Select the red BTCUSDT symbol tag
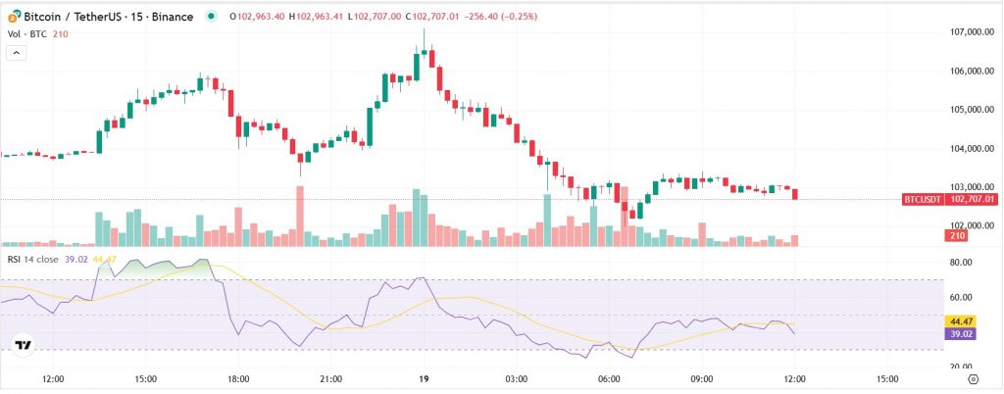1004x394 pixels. click(923, 199)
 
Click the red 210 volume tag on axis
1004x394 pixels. click(954, 235)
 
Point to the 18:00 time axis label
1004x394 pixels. click(238, 377)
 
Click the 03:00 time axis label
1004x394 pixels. click(516, 377)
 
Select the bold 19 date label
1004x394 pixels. click(424, 377)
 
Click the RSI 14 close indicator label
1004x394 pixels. click(32, 259)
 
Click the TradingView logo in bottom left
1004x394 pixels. click(24, 345)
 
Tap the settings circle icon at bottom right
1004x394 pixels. click(972, 377)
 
